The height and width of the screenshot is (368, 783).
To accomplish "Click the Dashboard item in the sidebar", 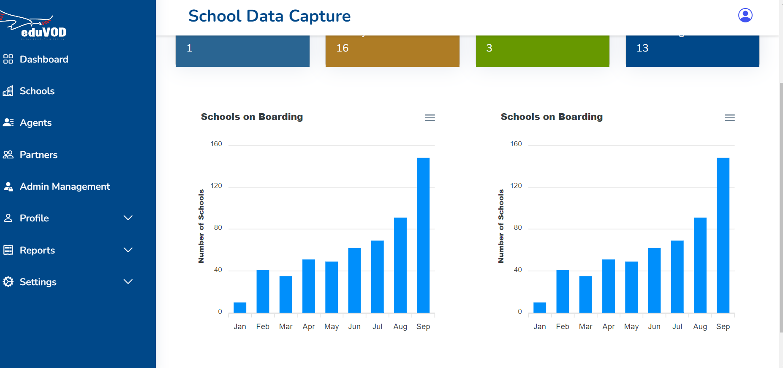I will (x=43, y=59).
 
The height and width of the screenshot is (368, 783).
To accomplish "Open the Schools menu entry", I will (x=37, y=91).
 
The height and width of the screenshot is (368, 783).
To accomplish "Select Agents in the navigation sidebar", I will (x=35, y=123).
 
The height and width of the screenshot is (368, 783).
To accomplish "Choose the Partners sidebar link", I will (x=38, y=155).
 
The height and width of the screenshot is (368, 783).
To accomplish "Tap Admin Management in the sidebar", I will (x=65, y=186).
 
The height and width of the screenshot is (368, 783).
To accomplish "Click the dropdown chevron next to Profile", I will (x=128, y=218).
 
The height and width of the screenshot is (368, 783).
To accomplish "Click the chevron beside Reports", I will (x=128, y=250).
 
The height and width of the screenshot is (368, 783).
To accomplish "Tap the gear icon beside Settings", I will (x=8, y=282).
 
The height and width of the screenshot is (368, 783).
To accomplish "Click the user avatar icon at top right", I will (x=745, y=15).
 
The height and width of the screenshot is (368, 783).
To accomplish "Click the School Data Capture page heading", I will (x=269, y=16).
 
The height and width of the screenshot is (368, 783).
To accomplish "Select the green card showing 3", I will (x=542, y=50).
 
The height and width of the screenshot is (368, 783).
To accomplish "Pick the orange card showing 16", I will (x=392, y=50).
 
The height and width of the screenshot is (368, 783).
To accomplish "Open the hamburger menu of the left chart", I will (x=430, y=118).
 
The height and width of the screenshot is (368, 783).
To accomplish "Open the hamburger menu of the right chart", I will (x=730, y=118).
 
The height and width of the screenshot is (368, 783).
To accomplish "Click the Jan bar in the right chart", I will (x=540, y=308).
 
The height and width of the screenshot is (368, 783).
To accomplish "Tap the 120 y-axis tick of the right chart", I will (x=516, y=186).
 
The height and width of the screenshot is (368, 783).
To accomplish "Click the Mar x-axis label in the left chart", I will (x=285, y=327).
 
